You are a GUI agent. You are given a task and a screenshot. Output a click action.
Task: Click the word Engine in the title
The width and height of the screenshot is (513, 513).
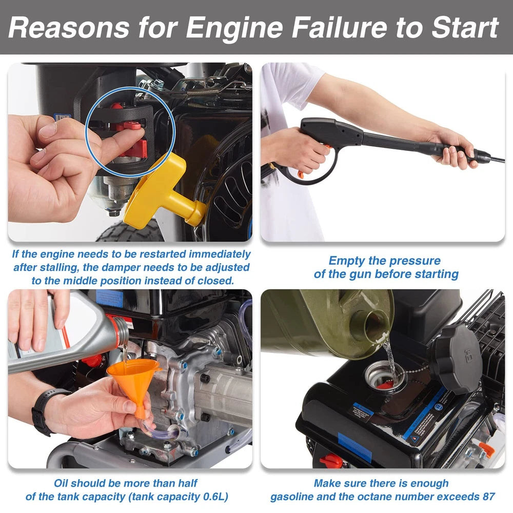point(234,28)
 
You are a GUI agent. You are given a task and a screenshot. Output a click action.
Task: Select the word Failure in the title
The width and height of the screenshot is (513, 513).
point(340,28)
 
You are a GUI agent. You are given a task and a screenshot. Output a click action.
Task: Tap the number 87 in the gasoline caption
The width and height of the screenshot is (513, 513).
point(488,497)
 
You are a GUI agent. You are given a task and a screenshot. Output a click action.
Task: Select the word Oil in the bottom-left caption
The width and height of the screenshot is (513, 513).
point(61,483)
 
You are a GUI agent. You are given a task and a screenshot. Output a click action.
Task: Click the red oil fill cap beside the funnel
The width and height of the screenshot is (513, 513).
point(92,361)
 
